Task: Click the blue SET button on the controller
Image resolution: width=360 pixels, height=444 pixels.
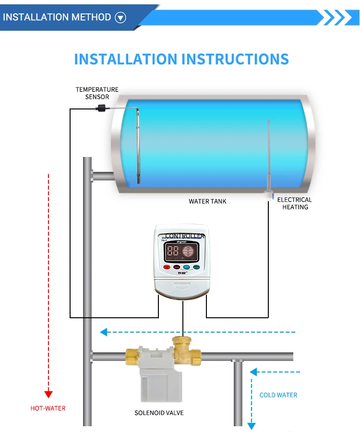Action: pos(187,266)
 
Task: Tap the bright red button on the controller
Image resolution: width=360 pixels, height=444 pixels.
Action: pos(167,267)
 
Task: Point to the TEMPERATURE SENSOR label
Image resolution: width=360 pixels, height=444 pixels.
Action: pos(97,93)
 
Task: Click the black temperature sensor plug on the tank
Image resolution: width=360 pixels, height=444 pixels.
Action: pos(102,108)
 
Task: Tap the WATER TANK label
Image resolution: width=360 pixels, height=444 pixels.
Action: pos(207,201)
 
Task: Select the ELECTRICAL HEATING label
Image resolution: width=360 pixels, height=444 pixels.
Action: pos(295,203)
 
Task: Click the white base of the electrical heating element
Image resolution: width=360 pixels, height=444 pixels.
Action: pos(269,194)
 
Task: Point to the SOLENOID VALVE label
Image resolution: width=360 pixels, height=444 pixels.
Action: pos(159,413)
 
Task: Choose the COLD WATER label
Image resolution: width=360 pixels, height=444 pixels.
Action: pos(278,395)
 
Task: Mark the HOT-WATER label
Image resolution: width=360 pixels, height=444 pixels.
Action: pos(48,408)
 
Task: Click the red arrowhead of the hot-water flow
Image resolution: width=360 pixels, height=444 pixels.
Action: pos(48,394)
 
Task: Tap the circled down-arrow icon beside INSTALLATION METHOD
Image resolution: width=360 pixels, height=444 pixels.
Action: pos(120,18)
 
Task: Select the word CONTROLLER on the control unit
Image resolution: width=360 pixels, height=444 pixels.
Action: pos(185,236)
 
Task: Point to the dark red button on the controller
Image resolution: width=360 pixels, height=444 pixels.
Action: pos(177,267)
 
